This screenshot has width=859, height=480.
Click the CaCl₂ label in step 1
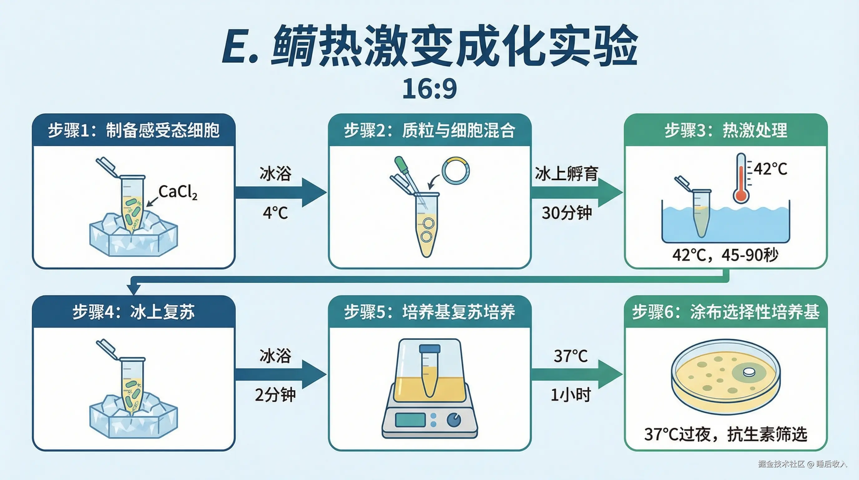tap(178, 192)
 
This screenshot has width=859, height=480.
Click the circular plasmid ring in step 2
tap(455, 170)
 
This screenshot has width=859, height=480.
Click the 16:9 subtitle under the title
tap(430, 89)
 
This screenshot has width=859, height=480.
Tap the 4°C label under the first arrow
tap(275, 213)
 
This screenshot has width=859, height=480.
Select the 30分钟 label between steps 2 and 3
tap(567, 212)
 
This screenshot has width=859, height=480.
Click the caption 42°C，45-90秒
tap(725, 255)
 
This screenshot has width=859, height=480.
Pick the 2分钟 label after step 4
tap(275, 395)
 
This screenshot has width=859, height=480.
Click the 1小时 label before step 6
tap(571, 395)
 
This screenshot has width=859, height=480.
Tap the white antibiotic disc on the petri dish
tap(749, 372)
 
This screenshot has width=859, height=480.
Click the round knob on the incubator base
tap(454, 420)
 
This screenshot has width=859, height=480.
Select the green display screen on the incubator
tap(410, 420)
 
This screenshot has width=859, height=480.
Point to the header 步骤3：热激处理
tap(726, 130)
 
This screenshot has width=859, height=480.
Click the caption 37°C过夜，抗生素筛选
tap(726, 434)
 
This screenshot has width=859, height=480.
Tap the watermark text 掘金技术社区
tap(781, 464)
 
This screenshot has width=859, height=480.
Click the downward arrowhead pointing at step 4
tap(133, 289)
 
